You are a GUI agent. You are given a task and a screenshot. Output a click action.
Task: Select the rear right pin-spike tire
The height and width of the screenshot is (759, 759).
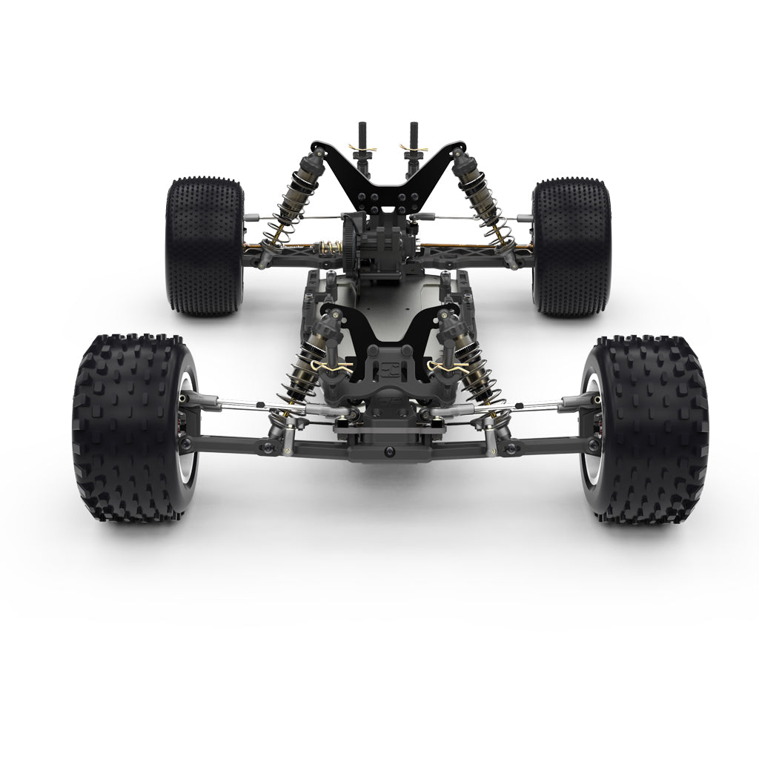point(571,245)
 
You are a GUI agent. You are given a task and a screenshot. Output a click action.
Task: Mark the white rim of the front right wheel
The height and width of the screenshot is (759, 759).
point(588,430)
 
